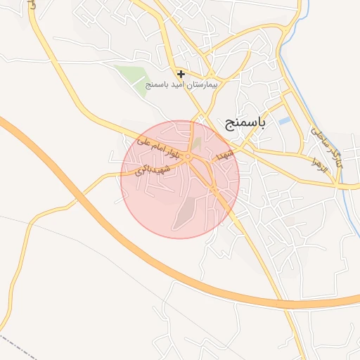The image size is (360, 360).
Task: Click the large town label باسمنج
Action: click(x=246, y=124)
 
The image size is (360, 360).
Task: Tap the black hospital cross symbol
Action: click(x=181, y=73)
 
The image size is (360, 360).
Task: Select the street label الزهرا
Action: click(x=321, y=166)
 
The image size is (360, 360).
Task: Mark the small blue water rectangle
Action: click(x=284, y=121)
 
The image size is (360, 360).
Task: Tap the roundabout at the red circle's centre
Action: click(x=188, y=156)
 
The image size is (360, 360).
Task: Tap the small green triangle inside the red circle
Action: click(x=197, y=143)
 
